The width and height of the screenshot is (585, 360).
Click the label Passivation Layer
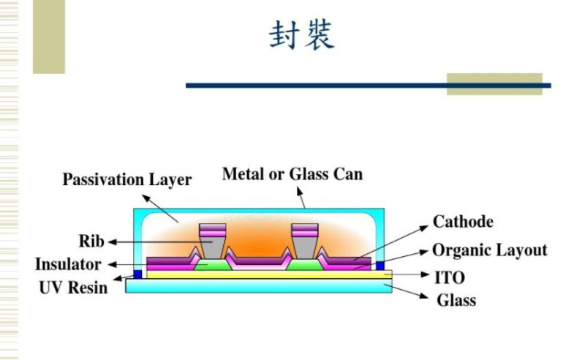click(127, 179)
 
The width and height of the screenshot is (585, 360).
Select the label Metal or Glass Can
click(292, 174)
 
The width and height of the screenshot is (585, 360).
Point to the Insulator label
click(68, 264)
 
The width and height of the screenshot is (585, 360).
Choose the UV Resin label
click(73, 287)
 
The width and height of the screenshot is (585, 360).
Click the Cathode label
click(463, 222)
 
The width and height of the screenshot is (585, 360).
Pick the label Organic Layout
click(489, 250)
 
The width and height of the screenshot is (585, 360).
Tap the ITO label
click(450, 277)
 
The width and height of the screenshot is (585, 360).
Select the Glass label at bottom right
click(456, 300)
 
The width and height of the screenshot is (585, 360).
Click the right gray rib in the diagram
click(304, 241)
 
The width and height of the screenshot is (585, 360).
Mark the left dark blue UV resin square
click(137, 274)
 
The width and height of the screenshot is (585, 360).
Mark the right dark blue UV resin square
click(380, 265)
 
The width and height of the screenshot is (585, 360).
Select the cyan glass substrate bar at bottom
click(259, 286)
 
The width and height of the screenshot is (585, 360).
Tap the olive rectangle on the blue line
click(494, 84)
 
